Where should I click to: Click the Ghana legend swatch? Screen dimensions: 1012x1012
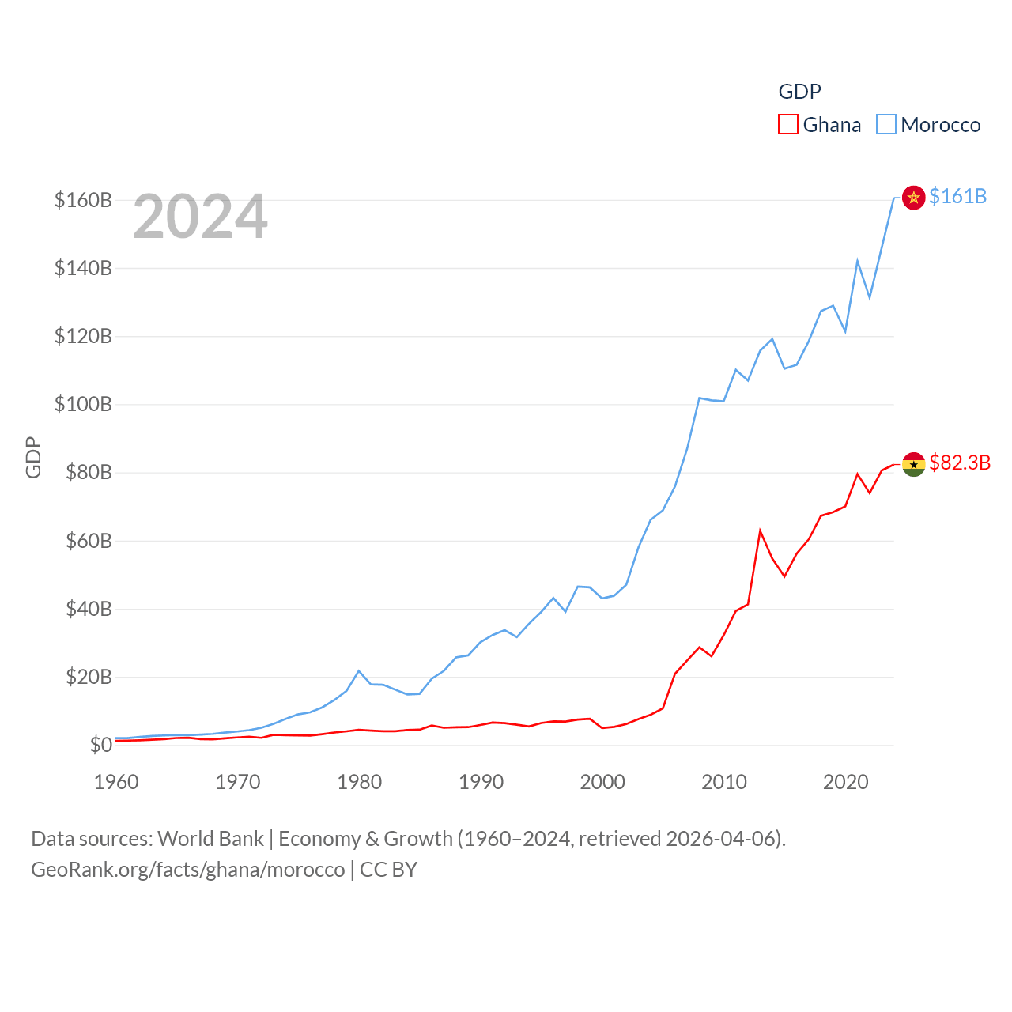[x=788, y=125]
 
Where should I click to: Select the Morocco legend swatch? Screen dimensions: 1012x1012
[x=886, y=125]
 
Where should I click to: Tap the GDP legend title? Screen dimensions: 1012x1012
[x=799, y=92]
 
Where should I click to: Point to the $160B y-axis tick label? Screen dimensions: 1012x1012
[x=83, y=200]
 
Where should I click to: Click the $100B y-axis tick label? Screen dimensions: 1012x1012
[x=83, y=405]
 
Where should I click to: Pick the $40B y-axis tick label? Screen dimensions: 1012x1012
[x=89, y=609]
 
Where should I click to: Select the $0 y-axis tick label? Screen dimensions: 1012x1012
[x=100, y=745]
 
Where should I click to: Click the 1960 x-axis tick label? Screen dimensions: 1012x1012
[x=116, y=782]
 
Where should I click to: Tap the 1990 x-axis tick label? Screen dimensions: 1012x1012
[x=481, y=782]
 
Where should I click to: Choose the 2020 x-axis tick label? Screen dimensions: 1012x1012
[x=846, y=782]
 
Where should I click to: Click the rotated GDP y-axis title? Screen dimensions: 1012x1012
[x=33, y=457]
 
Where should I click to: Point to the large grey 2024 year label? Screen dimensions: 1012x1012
[x=200, y=217]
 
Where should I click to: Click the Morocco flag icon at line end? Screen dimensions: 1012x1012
[x=913, y=197]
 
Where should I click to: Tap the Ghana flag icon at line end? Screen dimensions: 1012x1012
[x=913, y=464]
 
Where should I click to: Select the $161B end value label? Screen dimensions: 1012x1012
[x=957, y=196]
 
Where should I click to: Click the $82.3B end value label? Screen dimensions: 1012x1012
[x=960, y=463]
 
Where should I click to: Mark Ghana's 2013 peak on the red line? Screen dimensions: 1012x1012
[x=760, y=531]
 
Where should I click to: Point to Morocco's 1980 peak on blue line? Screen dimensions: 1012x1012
[x=359, y=671]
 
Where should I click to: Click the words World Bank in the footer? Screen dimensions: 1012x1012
[x=210, y=838]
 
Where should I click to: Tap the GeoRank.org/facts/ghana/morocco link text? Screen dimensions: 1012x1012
[x=188, y=870]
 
